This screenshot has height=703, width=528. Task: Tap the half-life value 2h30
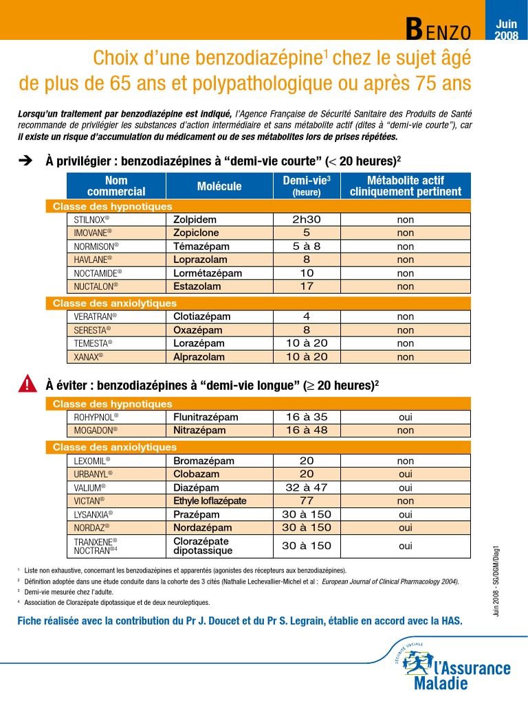pyautogui.click(x=307, y=220)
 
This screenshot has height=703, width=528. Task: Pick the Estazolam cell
pyautogui.click(x=197, y=286)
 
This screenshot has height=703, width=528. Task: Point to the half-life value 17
pyautogui.click(x=307, y=286)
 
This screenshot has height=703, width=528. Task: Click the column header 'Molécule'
pyautogui.click(x=219, y=186)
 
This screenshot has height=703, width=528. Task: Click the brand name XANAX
pyautogui.click(x=89, y=357)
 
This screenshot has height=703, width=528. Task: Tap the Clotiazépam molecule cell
pyautogui.click(x=201, y=317)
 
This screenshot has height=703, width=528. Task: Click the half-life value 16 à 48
pyautogui.click(x=307, y=430)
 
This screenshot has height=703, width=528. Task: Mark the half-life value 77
pyautogui.click(x=307, y=500)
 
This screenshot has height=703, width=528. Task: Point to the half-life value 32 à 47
pyautogui.click(x=307, y=487)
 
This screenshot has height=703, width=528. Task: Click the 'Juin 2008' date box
pyautogui.click(x=506, y=30)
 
